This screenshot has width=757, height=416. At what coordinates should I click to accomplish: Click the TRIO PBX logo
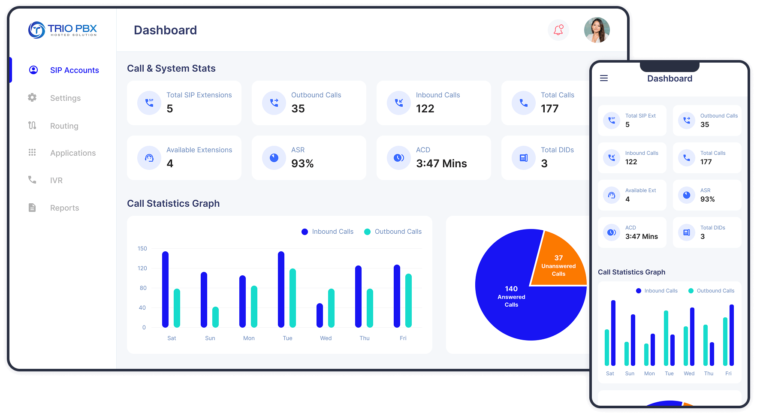click(x=63, y=30)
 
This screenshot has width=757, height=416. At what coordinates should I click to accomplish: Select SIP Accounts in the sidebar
click(x=74, y=70)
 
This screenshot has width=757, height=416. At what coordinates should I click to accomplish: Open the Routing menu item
click(x=64, y=126)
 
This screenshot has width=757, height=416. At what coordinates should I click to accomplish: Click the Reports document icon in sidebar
click(x=32, y=208)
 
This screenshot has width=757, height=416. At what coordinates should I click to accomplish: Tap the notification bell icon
click(x=558, y=30)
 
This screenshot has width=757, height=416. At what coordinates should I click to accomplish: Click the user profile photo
click(x=597, y=30)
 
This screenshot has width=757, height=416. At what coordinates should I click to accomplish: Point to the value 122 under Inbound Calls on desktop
click(x=425, y=109)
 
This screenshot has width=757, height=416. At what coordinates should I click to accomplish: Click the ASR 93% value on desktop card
click(x=302, y=164)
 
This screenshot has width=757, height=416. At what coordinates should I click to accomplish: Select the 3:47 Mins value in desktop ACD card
click(x=441, y=164)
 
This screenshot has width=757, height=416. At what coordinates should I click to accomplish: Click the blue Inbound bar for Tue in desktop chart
click(x=281, y=289)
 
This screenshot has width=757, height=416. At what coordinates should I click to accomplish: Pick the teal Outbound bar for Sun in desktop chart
click(x=215, y=317)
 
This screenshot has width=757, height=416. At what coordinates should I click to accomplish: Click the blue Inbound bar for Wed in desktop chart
click(x=320, y=315)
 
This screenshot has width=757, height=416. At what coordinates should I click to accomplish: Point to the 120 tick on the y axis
click(x=142, y=268)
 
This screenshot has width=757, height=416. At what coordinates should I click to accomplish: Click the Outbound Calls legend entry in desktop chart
click(x=393, y=232)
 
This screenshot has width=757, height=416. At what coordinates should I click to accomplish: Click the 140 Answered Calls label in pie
click(x=511, y=296)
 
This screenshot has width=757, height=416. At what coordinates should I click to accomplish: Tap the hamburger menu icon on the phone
click(x=604, y=78)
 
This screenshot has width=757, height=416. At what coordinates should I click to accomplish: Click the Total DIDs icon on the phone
click(x=687, y=232)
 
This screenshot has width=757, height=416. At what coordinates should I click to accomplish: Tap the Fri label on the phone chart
click(x=728, y=374)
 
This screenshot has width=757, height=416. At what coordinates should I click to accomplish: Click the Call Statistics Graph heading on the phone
click(x=631, y=272)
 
